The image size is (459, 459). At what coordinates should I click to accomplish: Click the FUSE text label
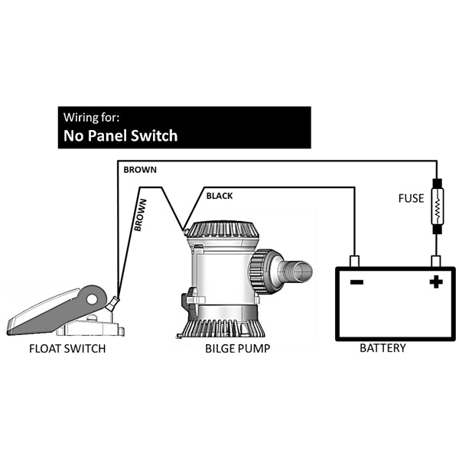click(411, 198)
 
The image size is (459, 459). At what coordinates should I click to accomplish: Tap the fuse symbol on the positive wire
click(437, 207)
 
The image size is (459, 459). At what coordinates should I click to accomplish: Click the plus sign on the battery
click(436, 282)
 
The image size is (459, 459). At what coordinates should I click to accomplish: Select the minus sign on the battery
click(356, 282)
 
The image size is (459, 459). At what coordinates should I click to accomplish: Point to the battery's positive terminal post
click(436, 262)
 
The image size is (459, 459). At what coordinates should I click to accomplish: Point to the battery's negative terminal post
click(354, 262)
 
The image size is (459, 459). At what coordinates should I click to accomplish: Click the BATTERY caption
click(382, 348)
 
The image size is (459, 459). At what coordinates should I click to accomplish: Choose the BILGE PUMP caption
click(237, 349)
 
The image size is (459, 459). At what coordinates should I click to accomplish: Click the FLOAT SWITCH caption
click(67, 349)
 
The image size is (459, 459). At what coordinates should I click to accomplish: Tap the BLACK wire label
click(220, 196)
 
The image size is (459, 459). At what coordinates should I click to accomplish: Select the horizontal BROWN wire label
click(140, 170)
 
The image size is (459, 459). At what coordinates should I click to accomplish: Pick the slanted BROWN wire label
click(140, 215)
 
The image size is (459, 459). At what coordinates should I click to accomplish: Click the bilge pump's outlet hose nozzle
click(295, 271)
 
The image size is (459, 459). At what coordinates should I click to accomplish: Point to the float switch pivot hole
click(92, 299)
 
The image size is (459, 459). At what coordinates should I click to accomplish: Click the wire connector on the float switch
click(112, 304)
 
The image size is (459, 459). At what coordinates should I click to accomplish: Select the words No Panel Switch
click(121, 136)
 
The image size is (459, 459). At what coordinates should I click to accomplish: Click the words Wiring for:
click(91, 117)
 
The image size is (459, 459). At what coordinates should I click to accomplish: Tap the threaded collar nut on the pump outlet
click(262, 272)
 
